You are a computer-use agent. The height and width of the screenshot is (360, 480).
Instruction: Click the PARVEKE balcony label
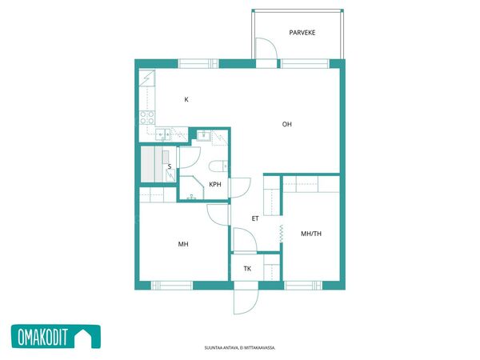click(302, 33)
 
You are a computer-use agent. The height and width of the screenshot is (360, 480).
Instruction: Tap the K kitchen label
click(186, 99)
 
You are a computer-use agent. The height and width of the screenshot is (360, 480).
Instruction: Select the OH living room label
click(287, 124)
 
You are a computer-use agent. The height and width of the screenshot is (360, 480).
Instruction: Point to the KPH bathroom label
click(215, 184)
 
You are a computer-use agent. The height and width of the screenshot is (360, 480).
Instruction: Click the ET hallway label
click(255, 218)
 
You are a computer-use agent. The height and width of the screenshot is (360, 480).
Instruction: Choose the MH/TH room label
click(311, 234)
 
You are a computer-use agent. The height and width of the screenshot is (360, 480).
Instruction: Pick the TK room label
click(247, 269)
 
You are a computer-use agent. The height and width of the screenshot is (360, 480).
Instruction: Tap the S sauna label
click(170, 166)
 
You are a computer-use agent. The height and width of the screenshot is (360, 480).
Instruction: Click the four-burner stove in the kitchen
click(147, 118)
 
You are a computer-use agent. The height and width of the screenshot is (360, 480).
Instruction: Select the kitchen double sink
click(163, 134)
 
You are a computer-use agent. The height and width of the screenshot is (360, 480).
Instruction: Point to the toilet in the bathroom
click(218, 166)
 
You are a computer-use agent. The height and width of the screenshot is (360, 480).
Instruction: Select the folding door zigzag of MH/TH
click(282, 234)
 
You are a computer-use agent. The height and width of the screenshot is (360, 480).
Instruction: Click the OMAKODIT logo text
click(42, 337)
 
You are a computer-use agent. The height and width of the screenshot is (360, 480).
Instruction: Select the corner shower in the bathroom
click(192, 188)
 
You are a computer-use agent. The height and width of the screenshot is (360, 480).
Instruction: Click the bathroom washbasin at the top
click(203, 135)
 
